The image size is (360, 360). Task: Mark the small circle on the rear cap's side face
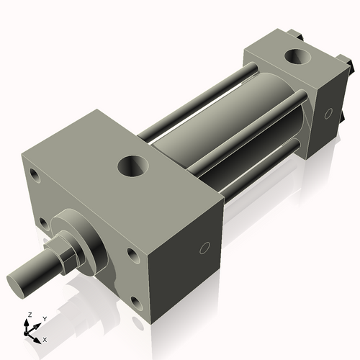[x=328, y=113]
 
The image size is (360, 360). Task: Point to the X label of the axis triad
[x=45, y=338]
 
